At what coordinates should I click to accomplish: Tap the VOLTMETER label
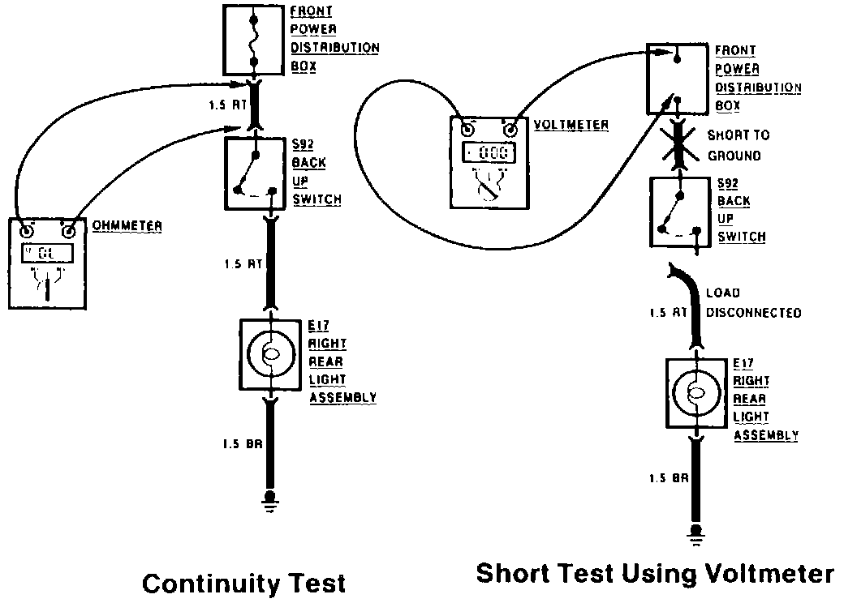click(x=572, y=125)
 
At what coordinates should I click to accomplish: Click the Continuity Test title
click(x=243, y=582)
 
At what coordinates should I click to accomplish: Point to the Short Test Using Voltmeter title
click(x=654, y=573)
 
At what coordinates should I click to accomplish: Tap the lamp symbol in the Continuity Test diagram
click(x=271, y=354)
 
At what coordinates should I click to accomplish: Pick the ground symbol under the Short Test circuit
click(x=695, y=533)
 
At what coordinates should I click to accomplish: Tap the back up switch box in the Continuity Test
click(x=255, y=172)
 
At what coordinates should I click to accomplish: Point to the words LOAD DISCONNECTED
click(x=754, y=302)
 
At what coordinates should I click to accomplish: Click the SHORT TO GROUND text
click(x=738, y=145)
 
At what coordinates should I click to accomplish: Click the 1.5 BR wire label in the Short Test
click(x=668, y=478)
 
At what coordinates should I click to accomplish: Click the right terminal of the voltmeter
click(x=510, y=129)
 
